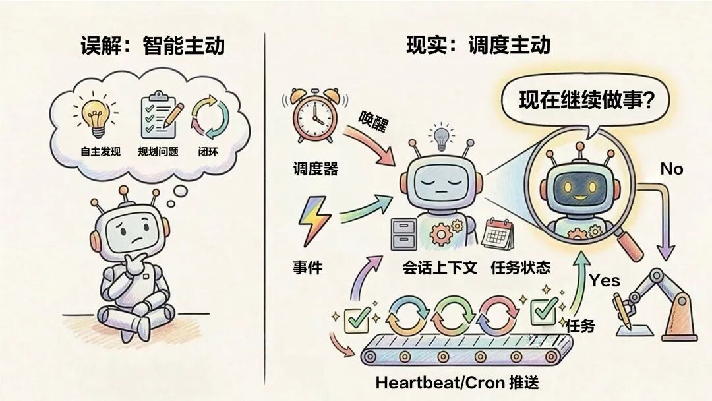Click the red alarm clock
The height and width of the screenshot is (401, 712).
point(314,118)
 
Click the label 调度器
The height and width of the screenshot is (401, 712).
point(315,169)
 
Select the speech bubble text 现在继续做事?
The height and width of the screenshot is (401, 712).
point(585,100)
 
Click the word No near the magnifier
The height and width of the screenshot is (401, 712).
point(672,170)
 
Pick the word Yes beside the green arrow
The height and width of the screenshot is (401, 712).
point(604,280)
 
